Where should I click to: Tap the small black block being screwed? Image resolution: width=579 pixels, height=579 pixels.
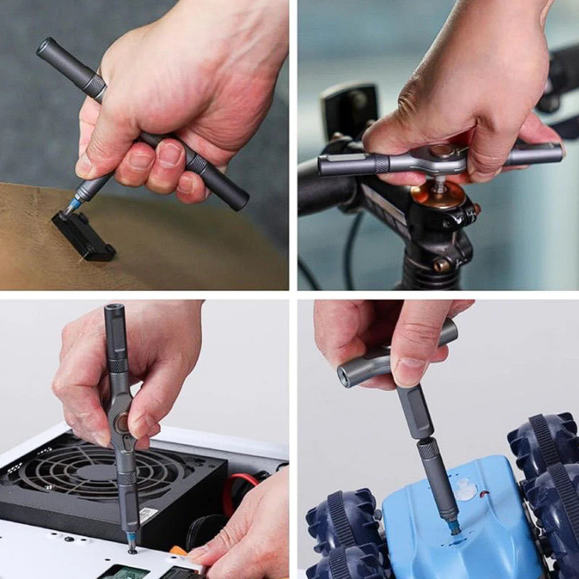(84, 236)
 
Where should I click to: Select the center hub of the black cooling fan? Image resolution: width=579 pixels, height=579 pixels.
(93, 472)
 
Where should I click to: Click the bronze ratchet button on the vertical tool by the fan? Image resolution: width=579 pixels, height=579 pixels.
(122, 422)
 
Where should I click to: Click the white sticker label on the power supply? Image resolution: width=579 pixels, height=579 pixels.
(148, 515)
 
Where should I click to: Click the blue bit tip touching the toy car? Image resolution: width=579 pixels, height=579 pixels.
(454, 527)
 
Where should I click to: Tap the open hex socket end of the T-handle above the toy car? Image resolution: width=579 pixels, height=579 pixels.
(344, 377)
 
